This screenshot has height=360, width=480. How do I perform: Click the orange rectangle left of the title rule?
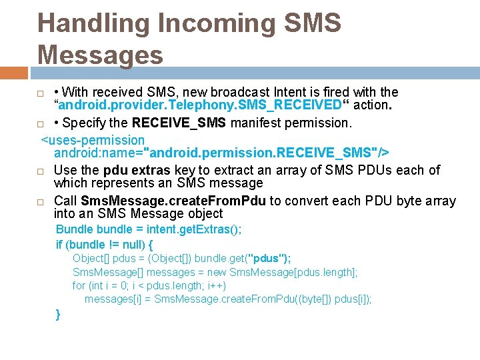(x=14, y=72)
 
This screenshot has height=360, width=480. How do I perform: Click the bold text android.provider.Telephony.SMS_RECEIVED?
(x=201, y=106)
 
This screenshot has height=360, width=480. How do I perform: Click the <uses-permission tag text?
(x=93, y=140)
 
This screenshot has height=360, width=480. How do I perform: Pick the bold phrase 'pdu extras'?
(x=136, y=170)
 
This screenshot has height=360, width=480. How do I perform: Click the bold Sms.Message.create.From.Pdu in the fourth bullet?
(x=173, y=201)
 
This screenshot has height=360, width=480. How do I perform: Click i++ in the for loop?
(x=217, y=285)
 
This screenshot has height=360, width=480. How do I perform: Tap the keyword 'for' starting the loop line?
(x=79, y=285)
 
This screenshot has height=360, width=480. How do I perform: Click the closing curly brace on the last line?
(x=59, y=314)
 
